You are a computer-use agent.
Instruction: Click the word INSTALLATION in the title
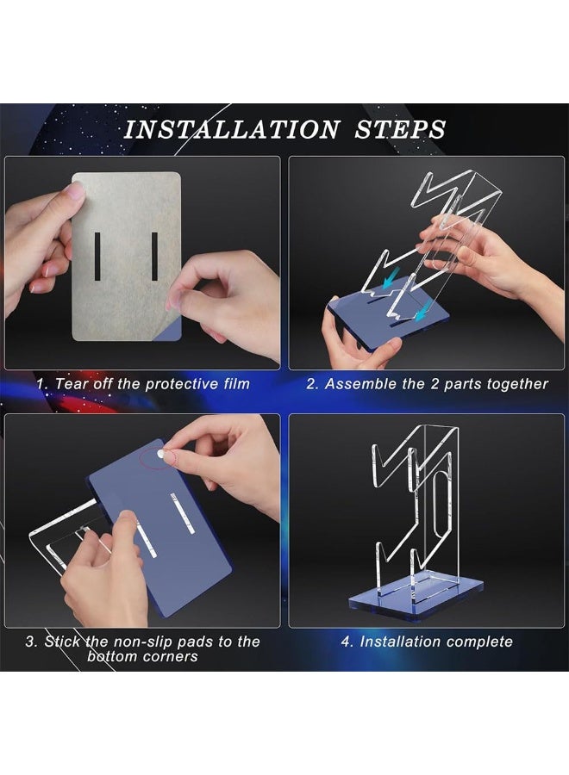[232, 129]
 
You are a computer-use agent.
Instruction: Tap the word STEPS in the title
[400, 129]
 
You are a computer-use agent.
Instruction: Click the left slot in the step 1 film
[97, 256]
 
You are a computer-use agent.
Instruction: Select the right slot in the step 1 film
[154, 256]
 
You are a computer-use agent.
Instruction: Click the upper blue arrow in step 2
[391, 280]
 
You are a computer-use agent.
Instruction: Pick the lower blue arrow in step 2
[422, 313]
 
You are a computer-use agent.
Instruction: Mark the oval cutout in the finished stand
[440, 505]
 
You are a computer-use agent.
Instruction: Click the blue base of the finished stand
[416, 598]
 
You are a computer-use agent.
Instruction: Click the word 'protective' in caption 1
[183, 384]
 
